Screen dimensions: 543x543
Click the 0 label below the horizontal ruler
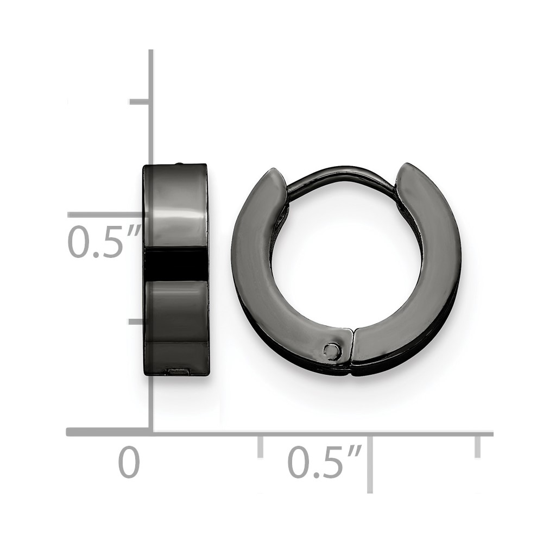click(x=129, y=462)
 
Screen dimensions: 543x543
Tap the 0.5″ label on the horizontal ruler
click(x=324, y=462)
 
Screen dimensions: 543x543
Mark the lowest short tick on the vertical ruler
click(x=139, y=321)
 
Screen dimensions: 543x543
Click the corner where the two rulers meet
click(x=151, y=432)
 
